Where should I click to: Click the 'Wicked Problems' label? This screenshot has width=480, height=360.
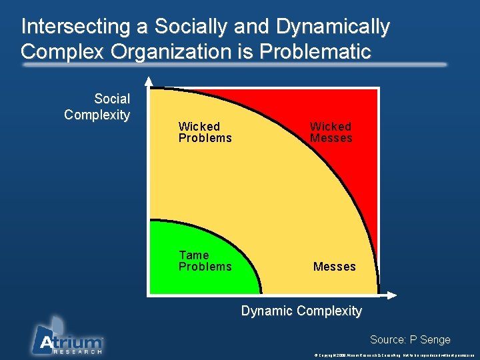coord(205,132)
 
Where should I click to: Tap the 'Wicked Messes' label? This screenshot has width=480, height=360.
coord(331,132)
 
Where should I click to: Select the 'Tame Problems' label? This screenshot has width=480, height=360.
coord(205,261)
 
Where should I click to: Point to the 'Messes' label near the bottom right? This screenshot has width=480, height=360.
coord(334,267)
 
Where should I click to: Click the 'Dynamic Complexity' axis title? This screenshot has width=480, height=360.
coord(301,311)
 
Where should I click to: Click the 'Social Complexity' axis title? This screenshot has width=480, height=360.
coord(97,107)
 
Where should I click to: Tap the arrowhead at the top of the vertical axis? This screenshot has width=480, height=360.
coord(149,82)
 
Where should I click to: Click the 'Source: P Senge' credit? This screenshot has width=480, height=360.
coord(410,340)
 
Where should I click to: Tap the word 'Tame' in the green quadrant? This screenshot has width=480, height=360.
coord(193,255)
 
